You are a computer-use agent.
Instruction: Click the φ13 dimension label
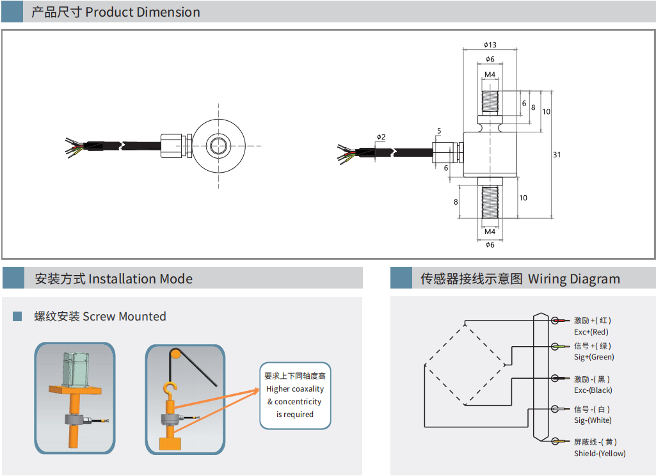click(490, 45)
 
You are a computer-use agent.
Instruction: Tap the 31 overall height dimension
click(557, 155)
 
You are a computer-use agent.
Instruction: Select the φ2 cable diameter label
click(381, 137)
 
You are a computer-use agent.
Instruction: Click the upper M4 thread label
click(490, 75)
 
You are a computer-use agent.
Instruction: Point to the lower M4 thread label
click(490, 232)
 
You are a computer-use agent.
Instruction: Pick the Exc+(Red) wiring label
click(591, 332)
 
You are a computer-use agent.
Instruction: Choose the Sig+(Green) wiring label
click(593, 357)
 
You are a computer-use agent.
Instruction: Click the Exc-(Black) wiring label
click(593, 390)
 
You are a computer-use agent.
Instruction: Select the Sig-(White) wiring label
click(593, 420)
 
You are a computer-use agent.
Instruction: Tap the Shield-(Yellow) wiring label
click(599, 454)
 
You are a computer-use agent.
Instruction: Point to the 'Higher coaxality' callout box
click(295, 395)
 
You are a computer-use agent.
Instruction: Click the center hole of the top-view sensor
click(218, 145)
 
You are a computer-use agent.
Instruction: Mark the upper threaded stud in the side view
click(490, 102)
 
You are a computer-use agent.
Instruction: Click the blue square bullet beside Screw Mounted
click(17, 316)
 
